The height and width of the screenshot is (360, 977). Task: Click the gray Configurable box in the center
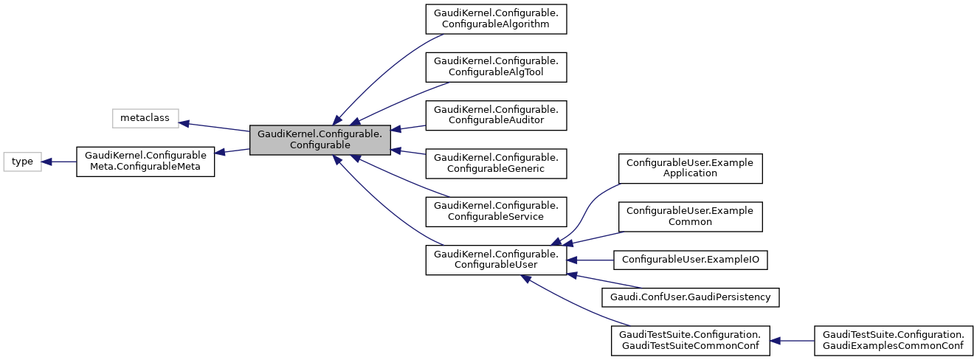(x=320, y=140)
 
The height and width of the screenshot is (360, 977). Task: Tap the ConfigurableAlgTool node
(x=496, y=66)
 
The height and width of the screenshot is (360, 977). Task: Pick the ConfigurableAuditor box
(x=496, y=115)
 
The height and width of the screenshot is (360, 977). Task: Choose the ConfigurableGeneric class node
(x=496, y=163)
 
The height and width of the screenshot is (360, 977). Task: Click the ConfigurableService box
(x=496, y=211)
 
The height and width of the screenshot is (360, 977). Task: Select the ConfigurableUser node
(x=496, y=260)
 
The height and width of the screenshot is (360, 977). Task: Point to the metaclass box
(x=145, y=118)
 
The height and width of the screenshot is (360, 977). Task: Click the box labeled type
(x=23, y=162)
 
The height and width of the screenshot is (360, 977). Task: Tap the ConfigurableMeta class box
(x=145, y=162)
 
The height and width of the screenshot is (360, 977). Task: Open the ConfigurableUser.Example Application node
(x=690, y=168)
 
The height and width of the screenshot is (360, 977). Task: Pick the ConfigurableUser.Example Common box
(x=690, y=216)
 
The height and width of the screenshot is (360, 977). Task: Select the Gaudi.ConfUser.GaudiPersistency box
(x=691, y=297)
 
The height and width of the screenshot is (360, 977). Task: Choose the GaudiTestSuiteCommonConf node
(x=691, y=341)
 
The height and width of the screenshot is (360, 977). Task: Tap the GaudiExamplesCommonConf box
(x=893, y=341)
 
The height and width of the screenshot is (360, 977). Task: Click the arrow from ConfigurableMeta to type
(x=59, y=162)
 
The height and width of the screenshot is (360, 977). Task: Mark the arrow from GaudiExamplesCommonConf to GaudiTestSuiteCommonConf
(x=792, y=341)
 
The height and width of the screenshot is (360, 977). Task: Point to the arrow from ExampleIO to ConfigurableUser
(x=590, y=260)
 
